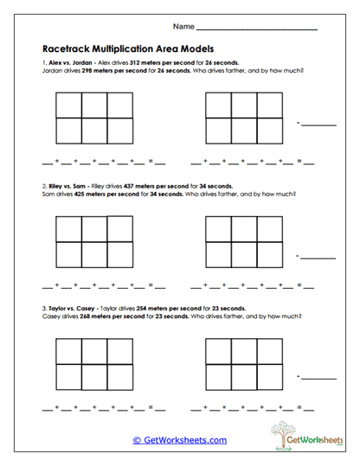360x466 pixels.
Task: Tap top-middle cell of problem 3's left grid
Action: [x=95, y=348]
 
